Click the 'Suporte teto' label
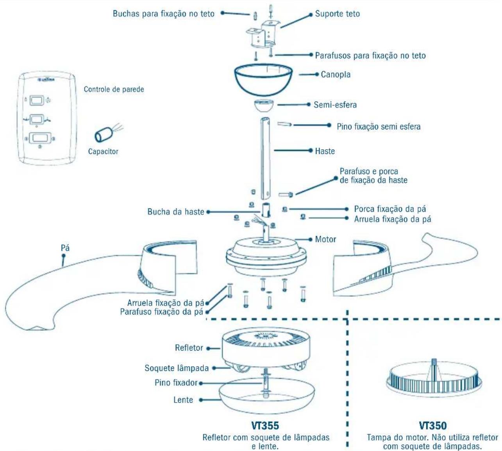[337, 14]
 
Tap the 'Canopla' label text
[336, 74]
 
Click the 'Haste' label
[325, 151]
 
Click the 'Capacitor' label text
[103, 152]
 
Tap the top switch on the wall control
[37, 101]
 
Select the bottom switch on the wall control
[40, 138]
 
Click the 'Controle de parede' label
[114, 89]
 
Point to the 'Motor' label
[325, 239]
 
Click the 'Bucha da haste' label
[176, 212]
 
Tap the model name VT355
[265, 426]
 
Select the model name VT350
[432, 426]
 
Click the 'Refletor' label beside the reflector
[189, 348]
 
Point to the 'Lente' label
[183, 400]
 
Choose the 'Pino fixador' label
[176, 383]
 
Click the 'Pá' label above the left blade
[65, 248]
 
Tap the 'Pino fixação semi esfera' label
[379, 127]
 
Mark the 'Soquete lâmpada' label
[177, 368]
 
